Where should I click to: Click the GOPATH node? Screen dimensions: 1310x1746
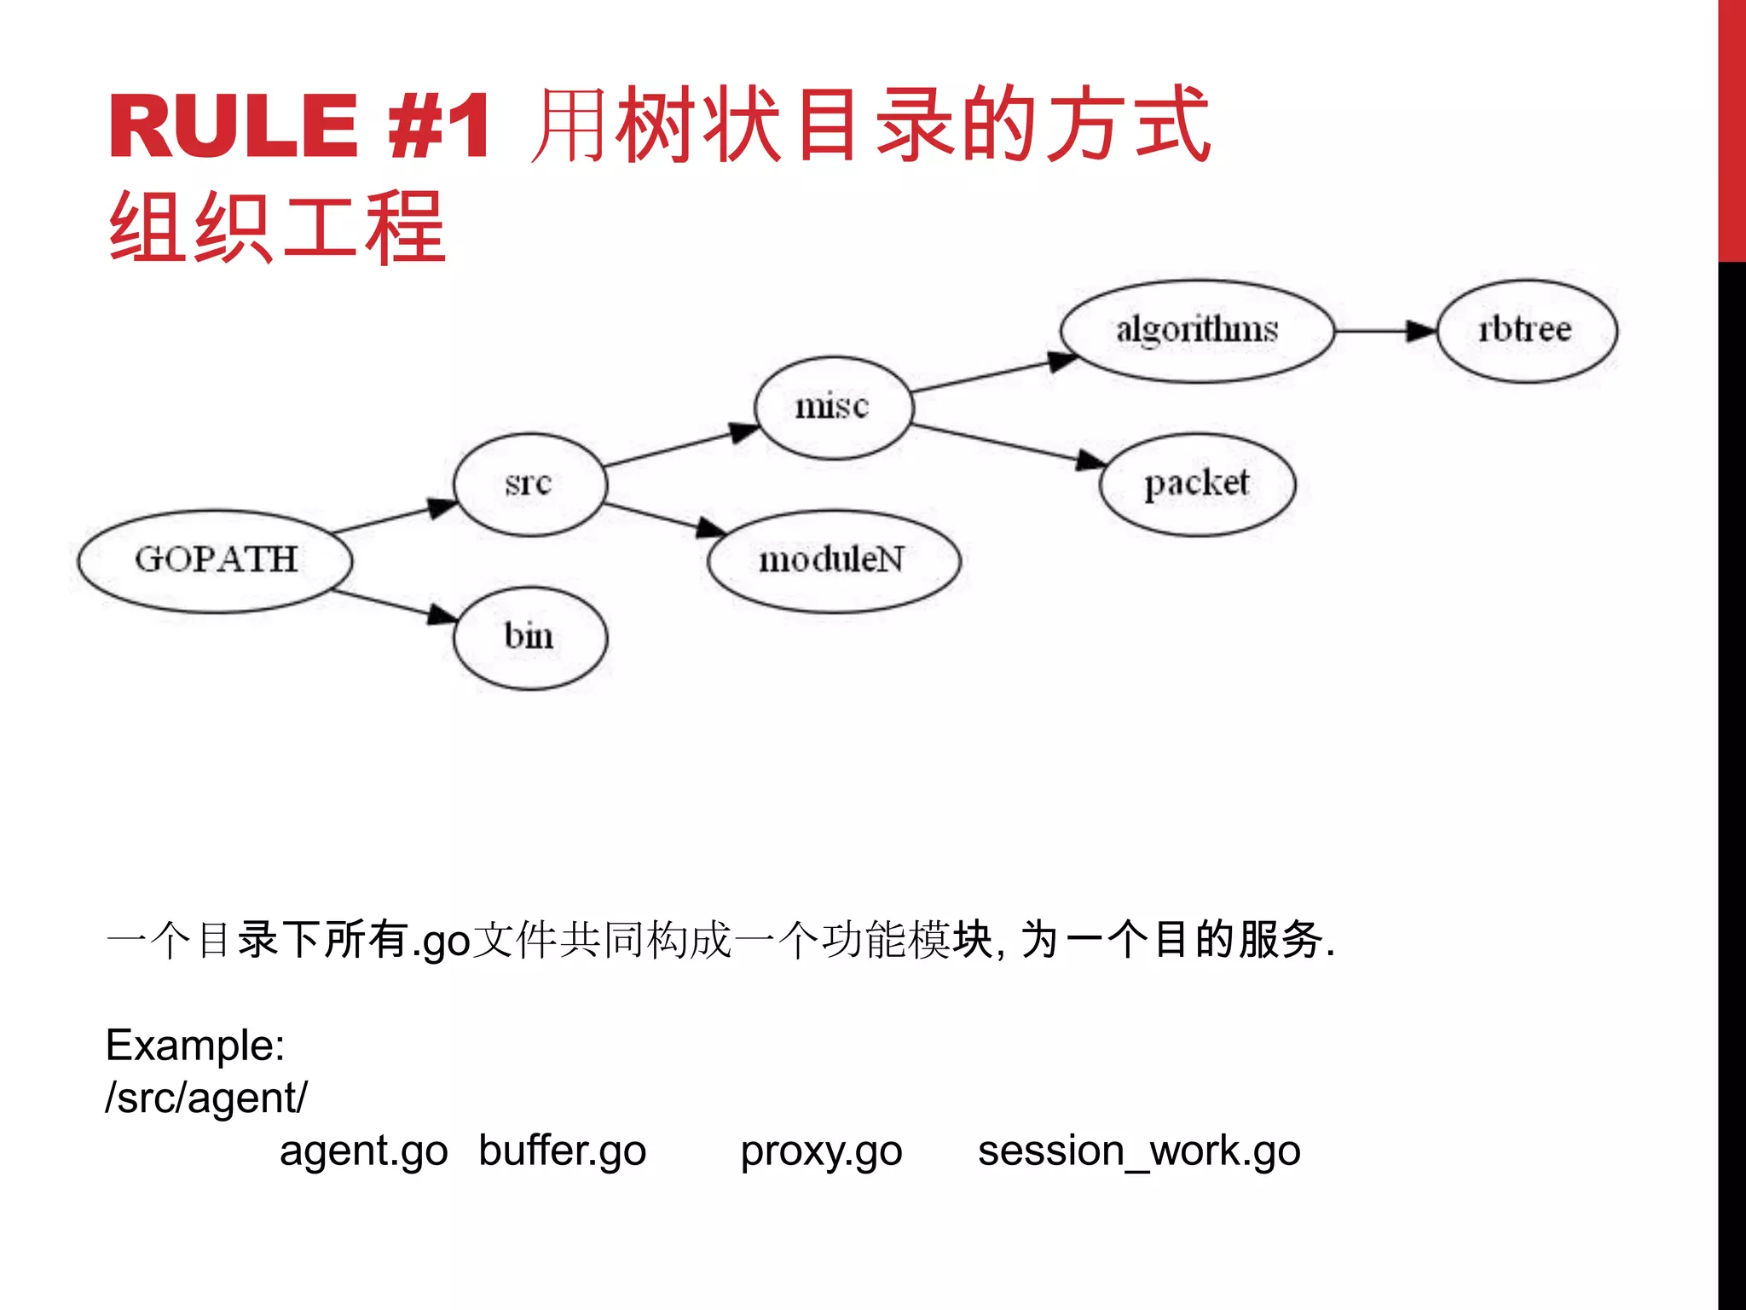pos(215,560)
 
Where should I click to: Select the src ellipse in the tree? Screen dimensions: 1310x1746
pos(529,484)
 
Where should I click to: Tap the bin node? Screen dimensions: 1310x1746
pos(529,637)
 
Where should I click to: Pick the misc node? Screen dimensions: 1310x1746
pos(833,407)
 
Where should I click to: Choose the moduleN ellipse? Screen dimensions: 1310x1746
pos(833,560)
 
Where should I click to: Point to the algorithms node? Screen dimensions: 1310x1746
pos(1197,330)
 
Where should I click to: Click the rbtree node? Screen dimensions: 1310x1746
pos(1526,330)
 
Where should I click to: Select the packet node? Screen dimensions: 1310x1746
pos(1197,484)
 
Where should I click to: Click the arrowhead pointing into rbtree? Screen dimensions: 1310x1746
pos(1421,330)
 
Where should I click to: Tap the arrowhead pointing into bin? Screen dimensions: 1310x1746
pos(442,614)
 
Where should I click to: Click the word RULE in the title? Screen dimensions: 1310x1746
pos(233,126)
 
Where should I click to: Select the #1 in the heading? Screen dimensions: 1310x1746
pos(439,126)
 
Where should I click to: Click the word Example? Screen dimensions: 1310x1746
pos(195,1045)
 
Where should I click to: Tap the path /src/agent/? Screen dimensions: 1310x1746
pos(206,1098)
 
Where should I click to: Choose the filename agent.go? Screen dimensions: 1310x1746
pos(364,1151)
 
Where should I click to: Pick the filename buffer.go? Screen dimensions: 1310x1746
pos(563,1151)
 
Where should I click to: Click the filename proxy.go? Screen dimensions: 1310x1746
pos(821,1151)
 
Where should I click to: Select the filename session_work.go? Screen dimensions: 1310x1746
pos(1139,1151)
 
